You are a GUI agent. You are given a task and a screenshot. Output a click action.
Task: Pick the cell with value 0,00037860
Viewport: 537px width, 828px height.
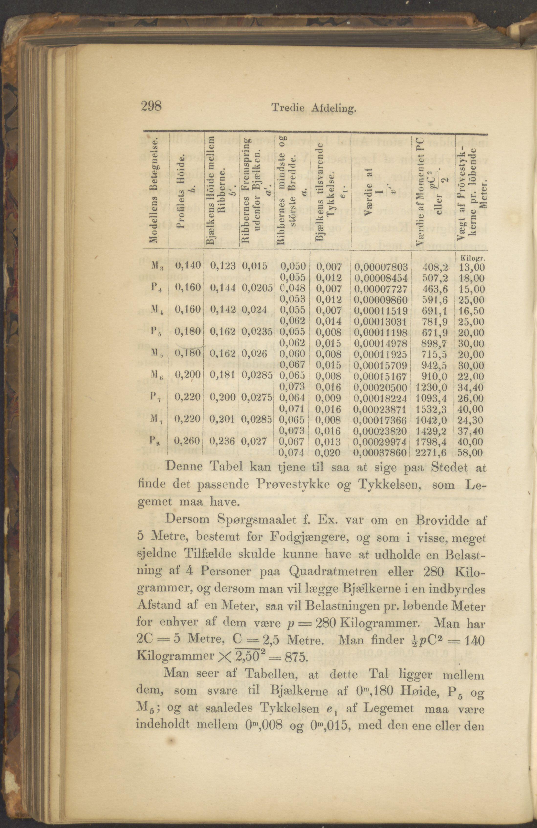(380, 453)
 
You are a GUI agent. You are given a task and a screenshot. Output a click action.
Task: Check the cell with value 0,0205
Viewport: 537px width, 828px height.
(257, 288)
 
